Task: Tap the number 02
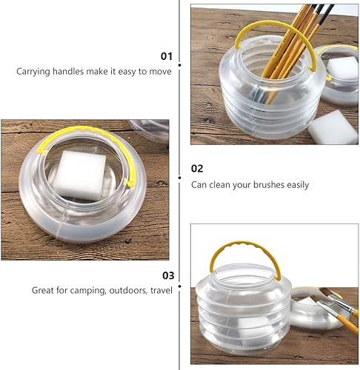(197, 169)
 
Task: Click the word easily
(296, 185)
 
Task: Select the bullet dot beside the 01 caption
(181, 73)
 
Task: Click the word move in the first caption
(161, 72)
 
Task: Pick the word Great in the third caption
(43, 291)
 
